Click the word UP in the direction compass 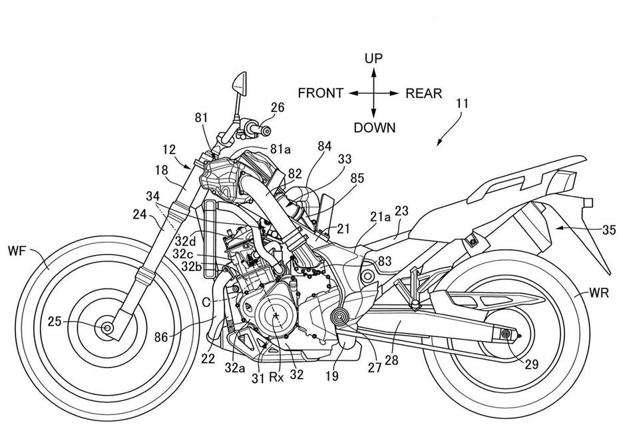pos(373,59)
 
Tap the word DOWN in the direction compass pos(374,127)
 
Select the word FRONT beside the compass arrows pos(320,93)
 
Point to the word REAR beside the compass pos(423,93)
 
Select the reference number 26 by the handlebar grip pos(277,107)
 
